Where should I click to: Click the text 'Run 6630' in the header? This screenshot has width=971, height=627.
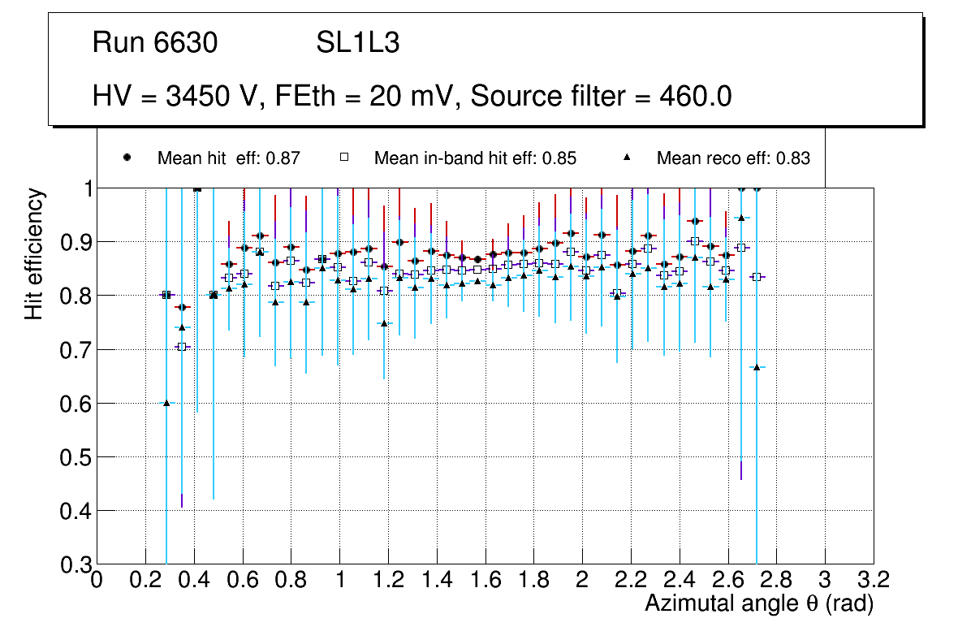(155, 43)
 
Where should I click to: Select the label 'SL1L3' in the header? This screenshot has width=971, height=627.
(357, 43)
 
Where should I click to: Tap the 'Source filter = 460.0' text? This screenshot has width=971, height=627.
(602, 97)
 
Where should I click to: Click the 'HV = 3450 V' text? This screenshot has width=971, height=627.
(174, 97)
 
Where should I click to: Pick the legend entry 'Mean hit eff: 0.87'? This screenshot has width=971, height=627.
(228, 158)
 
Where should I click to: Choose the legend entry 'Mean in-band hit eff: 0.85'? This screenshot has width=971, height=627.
(475, 158)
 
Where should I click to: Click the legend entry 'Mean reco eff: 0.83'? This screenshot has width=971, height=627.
(733, 158)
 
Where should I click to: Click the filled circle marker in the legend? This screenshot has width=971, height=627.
(127, 158)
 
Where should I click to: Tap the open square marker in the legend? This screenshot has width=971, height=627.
(343, 158)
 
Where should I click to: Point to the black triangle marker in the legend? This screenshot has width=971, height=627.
(628, 158)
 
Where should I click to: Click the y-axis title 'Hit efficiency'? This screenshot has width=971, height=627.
(34, 254)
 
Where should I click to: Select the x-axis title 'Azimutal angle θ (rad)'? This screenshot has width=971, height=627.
(760, 603)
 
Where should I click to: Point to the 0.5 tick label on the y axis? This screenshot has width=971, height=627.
(72, 457)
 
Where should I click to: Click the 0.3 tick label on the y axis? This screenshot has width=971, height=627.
(72, 564)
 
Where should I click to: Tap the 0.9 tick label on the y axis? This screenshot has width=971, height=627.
(72, 242)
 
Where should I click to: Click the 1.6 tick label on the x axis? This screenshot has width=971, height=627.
(485, 580)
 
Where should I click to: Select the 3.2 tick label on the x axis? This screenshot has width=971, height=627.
(873, 580)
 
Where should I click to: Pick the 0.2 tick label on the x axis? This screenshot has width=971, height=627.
(145, 580)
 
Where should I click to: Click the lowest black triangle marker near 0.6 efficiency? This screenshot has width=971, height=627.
(166, 403)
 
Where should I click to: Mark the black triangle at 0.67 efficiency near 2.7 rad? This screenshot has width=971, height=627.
(757, 367)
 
